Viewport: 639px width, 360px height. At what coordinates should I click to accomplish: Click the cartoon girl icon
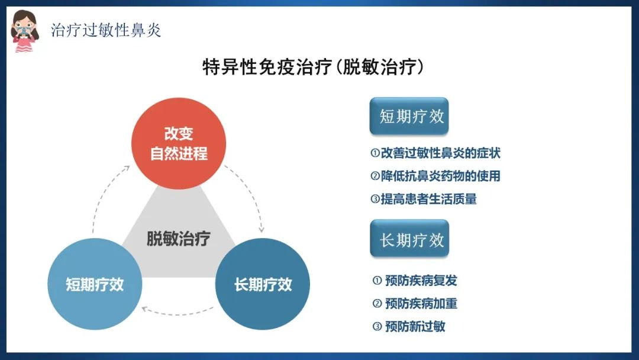pos(25,31)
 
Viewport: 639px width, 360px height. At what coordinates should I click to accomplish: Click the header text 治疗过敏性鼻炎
pos(106,30)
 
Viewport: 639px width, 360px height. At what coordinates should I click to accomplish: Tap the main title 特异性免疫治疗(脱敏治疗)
pos(313,67)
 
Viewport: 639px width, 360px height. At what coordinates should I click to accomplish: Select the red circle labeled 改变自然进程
pos(179,143)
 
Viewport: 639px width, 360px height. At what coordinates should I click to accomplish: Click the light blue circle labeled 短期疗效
pos(95,284)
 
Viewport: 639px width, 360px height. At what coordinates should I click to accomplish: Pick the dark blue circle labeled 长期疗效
pos(263,284)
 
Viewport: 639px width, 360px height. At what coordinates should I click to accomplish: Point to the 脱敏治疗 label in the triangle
pos(179,239)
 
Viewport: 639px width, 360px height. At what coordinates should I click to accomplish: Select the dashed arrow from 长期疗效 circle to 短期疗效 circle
pos(177,314)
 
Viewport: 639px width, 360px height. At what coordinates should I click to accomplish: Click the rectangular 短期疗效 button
pos(409,116)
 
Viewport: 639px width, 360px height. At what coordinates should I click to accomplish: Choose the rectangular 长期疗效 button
pos(409,239)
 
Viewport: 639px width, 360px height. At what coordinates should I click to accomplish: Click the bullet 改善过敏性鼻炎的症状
pos(435,153)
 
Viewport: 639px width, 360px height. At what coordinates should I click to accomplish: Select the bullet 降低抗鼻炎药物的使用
pos(435,176)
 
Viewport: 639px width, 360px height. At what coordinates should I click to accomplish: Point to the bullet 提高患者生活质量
pos(424,199)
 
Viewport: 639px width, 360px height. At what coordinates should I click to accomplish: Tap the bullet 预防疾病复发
pos(415,281)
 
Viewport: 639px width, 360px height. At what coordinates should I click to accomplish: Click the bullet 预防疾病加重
pos(415,303)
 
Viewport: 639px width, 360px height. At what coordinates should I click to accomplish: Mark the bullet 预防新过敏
pos(409,326)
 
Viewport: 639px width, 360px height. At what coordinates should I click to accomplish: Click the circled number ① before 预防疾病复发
pos(377,281)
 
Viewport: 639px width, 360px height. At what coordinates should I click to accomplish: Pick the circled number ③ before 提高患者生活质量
pos(375,199)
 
